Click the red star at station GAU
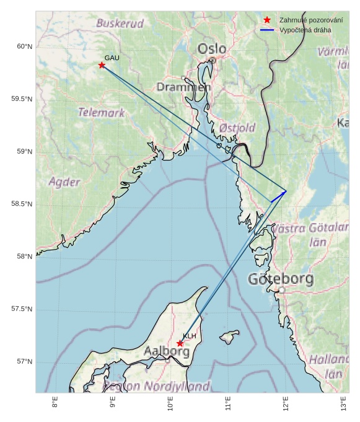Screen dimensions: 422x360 coord(102,65)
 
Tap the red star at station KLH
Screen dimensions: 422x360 coord(180,343)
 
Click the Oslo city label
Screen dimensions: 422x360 coord(212,49)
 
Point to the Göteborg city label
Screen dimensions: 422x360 coord(281,279)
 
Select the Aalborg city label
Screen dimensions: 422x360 coord(167,351)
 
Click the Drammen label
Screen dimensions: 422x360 coord(183,87)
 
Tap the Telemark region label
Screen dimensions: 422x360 coord(101,113)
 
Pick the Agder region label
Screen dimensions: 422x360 coord(64,182)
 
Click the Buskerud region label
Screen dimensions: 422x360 coord(120,24)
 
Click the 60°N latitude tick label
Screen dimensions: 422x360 coord(24,46)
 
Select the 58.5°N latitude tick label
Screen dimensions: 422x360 coord(22,204)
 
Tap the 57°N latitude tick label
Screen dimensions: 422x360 coord(24,362)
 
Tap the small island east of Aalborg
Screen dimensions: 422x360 coord(229,337)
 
